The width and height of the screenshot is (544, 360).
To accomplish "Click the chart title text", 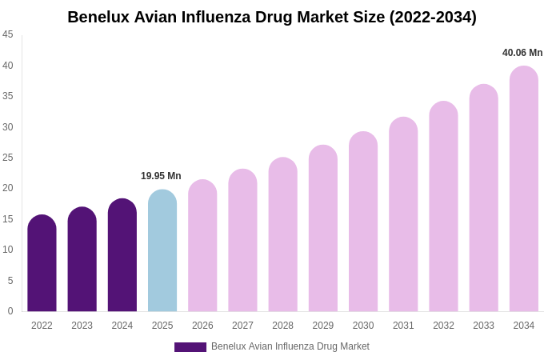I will pos(272,17).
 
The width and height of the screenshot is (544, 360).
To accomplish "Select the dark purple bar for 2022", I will pos(42,264).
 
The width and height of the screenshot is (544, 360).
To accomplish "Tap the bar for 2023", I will pos(82,260).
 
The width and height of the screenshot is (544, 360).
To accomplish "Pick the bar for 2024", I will pos(122,256).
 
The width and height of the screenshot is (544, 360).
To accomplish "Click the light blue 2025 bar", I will pos(162,251).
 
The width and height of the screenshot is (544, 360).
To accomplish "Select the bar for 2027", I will pos(242,241).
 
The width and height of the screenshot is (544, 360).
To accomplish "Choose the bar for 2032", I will pos(443,207).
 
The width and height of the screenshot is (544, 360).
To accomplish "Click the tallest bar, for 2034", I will pos(524,190).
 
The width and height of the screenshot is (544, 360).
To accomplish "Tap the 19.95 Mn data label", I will pos(161,176).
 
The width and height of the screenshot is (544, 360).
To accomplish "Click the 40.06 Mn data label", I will pos(522,53).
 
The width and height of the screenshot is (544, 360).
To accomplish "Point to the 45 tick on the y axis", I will pos(8,34).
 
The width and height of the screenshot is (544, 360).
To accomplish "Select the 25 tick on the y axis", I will pos(8,158).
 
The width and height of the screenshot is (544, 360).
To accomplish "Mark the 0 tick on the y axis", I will pos(10,311).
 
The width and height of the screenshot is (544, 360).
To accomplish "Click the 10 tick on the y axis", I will pos(8,250).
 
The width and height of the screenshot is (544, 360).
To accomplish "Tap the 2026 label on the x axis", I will pos(202,326).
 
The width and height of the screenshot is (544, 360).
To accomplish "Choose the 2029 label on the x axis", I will pos(323,326).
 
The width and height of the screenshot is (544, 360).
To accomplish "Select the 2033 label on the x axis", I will pos(483,326).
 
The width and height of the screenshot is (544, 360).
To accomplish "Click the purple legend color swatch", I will pos(190,347).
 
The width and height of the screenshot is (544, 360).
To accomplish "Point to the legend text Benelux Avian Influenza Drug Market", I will pos(290,346).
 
